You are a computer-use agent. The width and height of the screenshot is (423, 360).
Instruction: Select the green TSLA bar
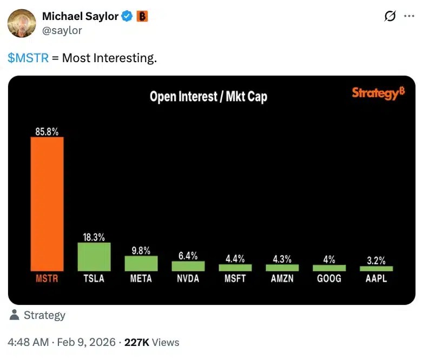pyautogui.click(x=94, y=257)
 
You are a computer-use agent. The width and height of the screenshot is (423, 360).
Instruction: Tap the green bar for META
pyautogui.click(x=141, y=263)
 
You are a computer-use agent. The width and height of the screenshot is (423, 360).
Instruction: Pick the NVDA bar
pyautogui.click(x=188, y=266)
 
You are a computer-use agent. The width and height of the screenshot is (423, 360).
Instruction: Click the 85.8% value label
pyautogui.click(x=47, y=131)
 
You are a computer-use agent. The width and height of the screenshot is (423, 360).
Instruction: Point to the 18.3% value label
pyautogui.click(x=94, y=236)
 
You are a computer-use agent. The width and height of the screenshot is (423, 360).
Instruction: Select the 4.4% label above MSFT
pyautogui.click(x=235, y=258)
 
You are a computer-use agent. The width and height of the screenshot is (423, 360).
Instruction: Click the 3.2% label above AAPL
pyautogui.click(x=376, y=260)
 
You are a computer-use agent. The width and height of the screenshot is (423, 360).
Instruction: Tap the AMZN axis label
pyautogui.click(x=282, y=279)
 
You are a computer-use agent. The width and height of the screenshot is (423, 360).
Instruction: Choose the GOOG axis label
pyautogui.click(x=329, y=279)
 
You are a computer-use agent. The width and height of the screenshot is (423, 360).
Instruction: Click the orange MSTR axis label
pyautogui.click(x=47, y=279)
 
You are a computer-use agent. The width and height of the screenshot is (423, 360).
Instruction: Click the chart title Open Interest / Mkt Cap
pyautogui.click(x=208, y=97)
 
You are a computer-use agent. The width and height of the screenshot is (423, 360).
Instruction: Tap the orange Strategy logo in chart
pyautogui.click(x=378, y=93)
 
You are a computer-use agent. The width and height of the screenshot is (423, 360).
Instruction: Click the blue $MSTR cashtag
pyautogui.click(x=28, y=58)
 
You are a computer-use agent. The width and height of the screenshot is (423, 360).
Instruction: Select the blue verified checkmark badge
pyautogui.click(x=127, y=17)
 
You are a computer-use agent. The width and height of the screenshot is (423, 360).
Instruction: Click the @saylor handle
pyautogui.click(x=62, y=30)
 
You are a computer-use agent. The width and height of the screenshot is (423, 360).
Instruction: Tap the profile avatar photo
pyautogui.click(x=21, y=23)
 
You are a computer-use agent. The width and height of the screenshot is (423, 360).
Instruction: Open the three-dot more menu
pyautogui.click(x=409, y=17)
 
